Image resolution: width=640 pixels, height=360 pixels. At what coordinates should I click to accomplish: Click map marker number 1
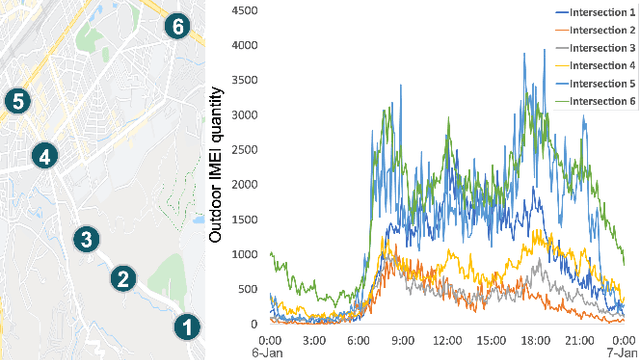coord(186,325)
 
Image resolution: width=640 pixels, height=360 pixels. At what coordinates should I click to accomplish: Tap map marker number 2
coord(122,278)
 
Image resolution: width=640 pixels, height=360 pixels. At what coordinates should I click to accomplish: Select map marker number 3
coord(87,238)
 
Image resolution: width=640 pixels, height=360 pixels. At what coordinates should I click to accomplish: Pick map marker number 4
coord(43,155)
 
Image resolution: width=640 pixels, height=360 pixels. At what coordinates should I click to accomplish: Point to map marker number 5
coord(17,100)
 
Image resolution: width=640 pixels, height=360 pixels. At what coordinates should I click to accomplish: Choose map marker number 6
coord(177,26)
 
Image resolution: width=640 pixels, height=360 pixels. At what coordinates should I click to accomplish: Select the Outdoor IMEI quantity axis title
coord(216,165)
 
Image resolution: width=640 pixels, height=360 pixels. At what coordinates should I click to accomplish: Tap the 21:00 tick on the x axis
coord(578,338)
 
